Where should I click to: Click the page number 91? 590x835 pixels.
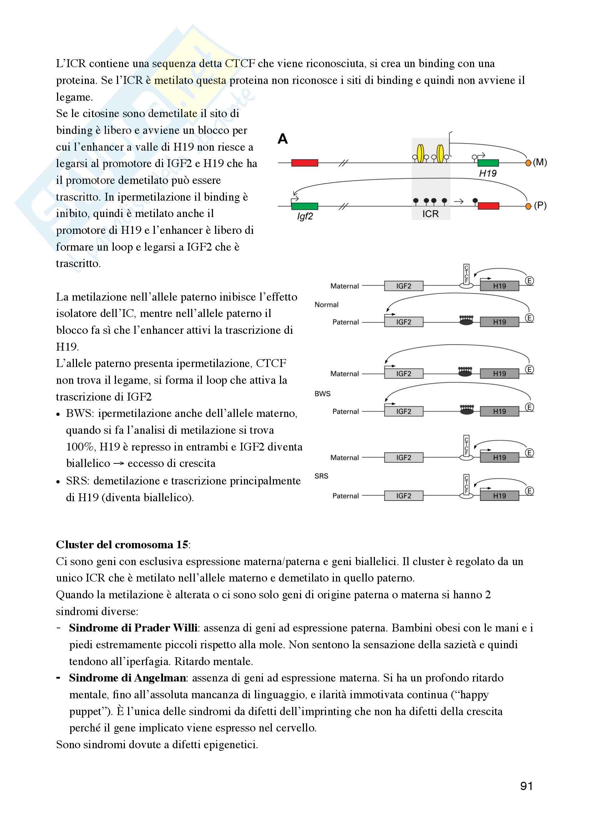tap(527, 786)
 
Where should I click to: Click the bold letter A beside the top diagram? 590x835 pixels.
tap(283, 139)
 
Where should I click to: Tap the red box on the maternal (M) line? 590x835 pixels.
tap(304, 162)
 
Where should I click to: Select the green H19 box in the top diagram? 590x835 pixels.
tap(488, 163)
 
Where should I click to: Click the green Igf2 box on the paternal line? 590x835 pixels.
tap(304, 206)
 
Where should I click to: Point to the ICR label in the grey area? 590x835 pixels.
tap(431, 214)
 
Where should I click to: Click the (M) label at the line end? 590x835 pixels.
tap(540, 162)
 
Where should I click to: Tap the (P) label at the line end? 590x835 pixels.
tap(540, 206)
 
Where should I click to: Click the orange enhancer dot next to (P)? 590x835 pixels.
tap(528, 206)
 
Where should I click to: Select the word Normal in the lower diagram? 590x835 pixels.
tap(326, 305)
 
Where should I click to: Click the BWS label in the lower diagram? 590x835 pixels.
tap(322, 394)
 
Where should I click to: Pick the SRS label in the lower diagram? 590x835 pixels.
tap(321, 476)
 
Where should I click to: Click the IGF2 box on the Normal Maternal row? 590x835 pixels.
tap(404, 286)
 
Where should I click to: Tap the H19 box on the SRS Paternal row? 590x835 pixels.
tap(499, 496)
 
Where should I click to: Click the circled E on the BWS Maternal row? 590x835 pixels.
tap(529, 369)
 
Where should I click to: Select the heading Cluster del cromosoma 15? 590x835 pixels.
tap(122, 544)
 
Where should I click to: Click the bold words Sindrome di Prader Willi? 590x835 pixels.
tap(133, 628)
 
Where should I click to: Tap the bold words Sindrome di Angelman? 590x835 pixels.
tap(127, 678)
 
